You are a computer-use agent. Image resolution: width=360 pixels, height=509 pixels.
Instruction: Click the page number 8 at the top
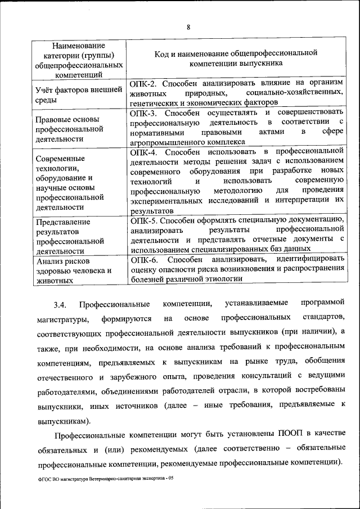188,27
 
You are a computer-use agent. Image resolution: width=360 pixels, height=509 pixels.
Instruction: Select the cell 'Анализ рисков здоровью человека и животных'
73,270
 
